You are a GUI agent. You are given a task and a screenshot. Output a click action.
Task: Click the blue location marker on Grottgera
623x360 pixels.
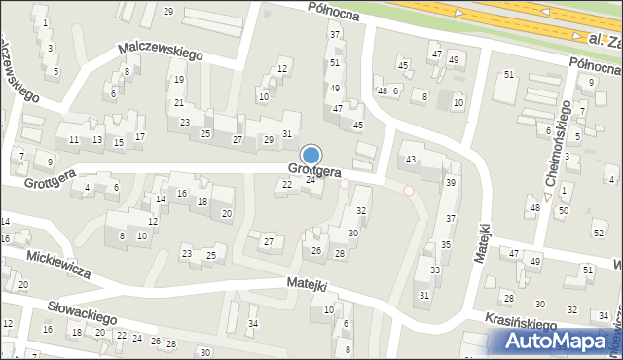[x=311, y=156]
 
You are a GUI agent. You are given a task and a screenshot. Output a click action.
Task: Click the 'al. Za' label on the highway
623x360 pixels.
[x=605, y=40]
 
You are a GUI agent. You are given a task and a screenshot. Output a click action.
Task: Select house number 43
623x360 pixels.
[x=411, y=159]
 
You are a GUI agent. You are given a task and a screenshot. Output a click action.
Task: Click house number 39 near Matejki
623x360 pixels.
[x=451, y=182]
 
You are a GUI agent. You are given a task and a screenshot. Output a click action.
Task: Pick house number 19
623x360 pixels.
[x=178, y=80]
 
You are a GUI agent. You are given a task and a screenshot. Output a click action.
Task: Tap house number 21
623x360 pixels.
[x=178, y=102]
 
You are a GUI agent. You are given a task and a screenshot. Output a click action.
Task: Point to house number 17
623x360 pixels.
[x=140, y=136]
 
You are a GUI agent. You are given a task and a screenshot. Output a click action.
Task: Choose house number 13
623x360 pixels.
[x=97, y=139]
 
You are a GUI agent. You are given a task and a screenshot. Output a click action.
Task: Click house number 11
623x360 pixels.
[x=74, y=140]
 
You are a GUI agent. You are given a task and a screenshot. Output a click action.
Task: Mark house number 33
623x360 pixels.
[x=435, y=270]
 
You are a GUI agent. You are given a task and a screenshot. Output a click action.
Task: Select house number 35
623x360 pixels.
[x=445, y=244]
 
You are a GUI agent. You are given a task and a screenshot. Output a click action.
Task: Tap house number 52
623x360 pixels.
[x=598, y=233]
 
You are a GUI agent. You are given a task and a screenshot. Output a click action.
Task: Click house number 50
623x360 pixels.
[x=564, y=211]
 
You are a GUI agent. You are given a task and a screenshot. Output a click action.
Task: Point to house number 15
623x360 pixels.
[x=119, y=143]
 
